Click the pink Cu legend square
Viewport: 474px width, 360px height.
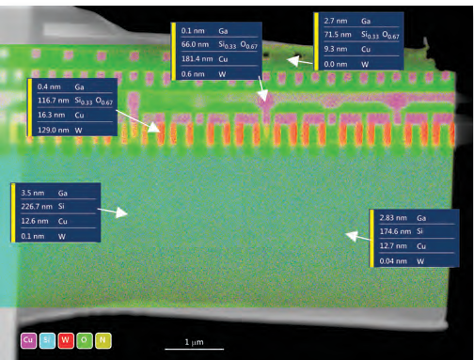click(28, 340)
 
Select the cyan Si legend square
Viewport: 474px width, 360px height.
click(47, 340)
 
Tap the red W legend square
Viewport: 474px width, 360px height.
click(66, 340)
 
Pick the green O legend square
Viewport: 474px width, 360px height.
click(85, 340)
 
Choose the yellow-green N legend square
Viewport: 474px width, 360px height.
click(103, 340)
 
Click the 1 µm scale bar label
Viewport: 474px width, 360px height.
click(194, 342)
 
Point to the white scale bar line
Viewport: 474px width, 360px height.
click(195, 349)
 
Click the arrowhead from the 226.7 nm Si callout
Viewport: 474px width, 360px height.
click(123, 213)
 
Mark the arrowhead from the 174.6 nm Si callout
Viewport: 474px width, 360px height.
click(350, 236)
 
